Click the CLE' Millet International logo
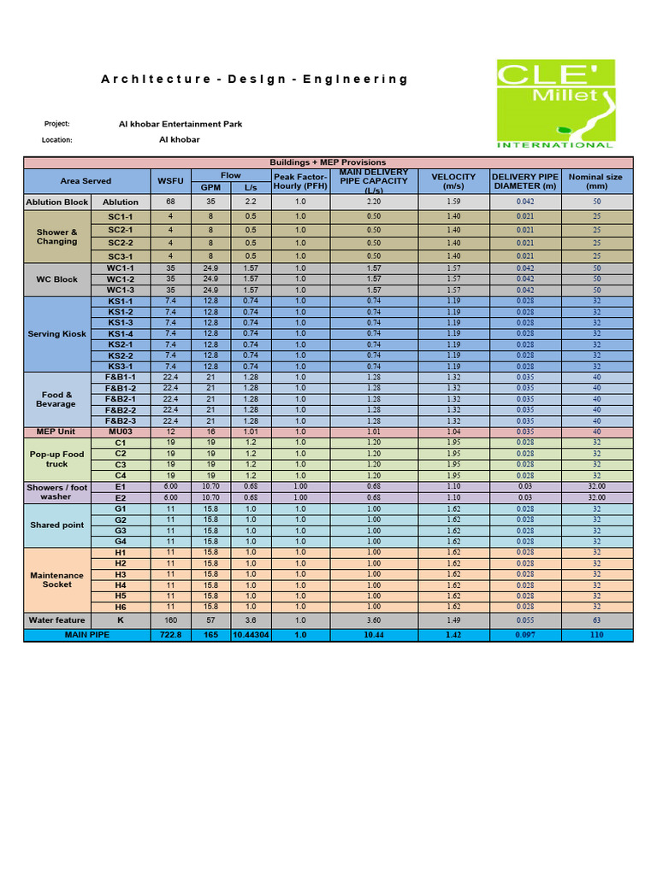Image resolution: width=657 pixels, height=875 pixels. [555, 103]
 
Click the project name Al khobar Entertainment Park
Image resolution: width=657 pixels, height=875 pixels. [180, 124]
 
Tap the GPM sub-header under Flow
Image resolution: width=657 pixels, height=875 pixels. [210, 187]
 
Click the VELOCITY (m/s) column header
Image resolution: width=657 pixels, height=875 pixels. [453, 181]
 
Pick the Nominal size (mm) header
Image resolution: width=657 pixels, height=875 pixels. [596, 181]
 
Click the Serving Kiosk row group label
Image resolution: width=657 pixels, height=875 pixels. [56, 334]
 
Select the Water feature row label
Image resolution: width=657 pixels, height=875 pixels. [56, 620]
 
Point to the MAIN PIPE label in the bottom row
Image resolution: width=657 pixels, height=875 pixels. [87, 636]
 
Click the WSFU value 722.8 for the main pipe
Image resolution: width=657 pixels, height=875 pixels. [170, 636]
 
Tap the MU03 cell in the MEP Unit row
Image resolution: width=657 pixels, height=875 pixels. [120, 432]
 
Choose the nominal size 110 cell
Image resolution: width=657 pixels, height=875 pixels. [596, 636]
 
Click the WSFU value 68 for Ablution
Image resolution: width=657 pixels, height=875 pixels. [170, 202]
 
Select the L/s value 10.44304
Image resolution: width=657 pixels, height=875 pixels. [251, 636]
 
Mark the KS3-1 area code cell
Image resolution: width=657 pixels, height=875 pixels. [120, 366]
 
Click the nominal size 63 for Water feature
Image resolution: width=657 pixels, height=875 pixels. [596, 620]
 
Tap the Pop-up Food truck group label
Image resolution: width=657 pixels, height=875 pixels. [56, 459]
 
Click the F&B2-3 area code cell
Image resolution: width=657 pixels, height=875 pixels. [120, 420]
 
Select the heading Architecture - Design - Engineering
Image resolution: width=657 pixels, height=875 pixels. [255, 79]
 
